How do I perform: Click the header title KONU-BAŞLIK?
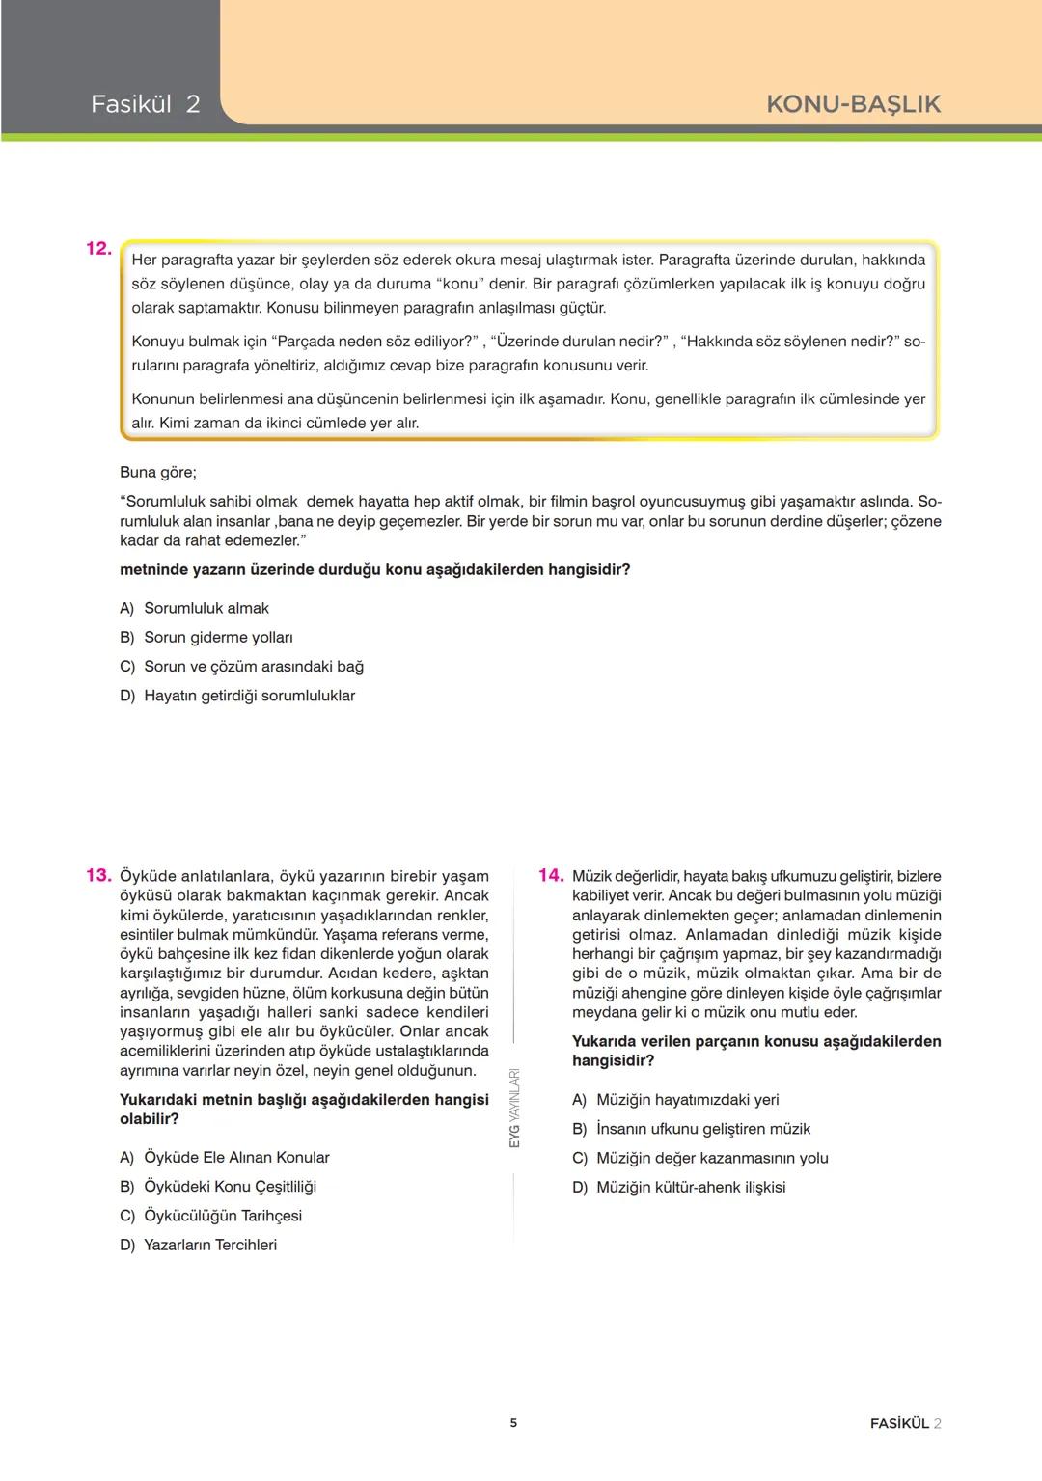point(853,104)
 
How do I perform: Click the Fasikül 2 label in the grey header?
point(145,104)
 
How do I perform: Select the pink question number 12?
point(98,249)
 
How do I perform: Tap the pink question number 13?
point(98,875)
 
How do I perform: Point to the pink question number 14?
point(551,875)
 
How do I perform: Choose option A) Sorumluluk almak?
point(195,608)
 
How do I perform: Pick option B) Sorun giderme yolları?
point(206,637)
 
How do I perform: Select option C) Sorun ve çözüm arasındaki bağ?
point(241,667)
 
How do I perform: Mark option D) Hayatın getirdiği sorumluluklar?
point(237,696)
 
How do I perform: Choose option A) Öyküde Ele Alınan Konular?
point(225,1157)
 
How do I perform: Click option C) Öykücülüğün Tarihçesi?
point(211,1216)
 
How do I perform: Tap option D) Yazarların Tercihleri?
point(199,1245)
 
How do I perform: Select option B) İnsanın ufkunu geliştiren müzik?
point(691,1129)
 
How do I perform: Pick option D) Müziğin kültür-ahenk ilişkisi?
point(678,1187)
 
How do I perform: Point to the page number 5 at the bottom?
point(513,1423)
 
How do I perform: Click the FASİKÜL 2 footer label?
point(905,1423)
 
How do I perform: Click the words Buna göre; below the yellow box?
point(157,472)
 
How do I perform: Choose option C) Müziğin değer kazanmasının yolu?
point(700,1158)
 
